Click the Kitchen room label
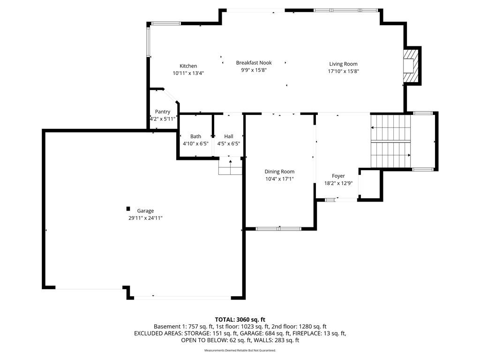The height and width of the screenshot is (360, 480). (188, 66)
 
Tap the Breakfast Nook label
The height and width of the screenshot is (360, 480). (254, 63)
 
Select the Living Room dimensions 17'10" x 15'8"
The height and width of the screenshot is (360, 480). (343, 71)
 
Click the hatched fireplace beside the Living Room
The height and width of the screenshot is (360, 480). (411, 66)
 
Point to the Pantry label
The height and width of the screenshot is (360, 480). (163, 112)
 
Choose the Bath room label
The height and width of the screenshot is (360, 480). (195, 136)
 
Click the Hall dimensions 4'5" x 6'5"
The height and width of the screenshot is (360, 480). (229, 143)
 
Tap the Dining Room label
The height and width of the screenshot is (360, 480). (279, 172)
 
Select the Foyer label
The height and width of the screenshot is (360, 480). (338, 176)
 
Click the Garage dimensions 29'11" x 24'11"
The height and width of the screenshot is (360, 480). (145, 218)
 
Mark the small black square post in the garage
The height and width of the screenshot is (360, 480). (128, 209)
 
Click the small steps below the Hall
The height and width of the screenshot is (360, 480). (230, 166)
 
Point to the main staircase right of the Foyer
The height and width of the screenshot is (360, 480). (390, 141)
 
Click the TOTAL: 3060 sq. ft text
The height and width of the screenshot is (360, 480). (240, 320)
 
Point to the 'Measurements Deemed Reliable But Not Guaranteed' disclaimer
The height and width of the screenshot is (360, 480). (240, 350)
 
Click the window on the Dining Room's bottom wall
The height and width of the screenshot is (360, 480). (278, 229)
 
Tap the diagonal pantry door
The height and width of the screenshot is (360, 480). (170, 96)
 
